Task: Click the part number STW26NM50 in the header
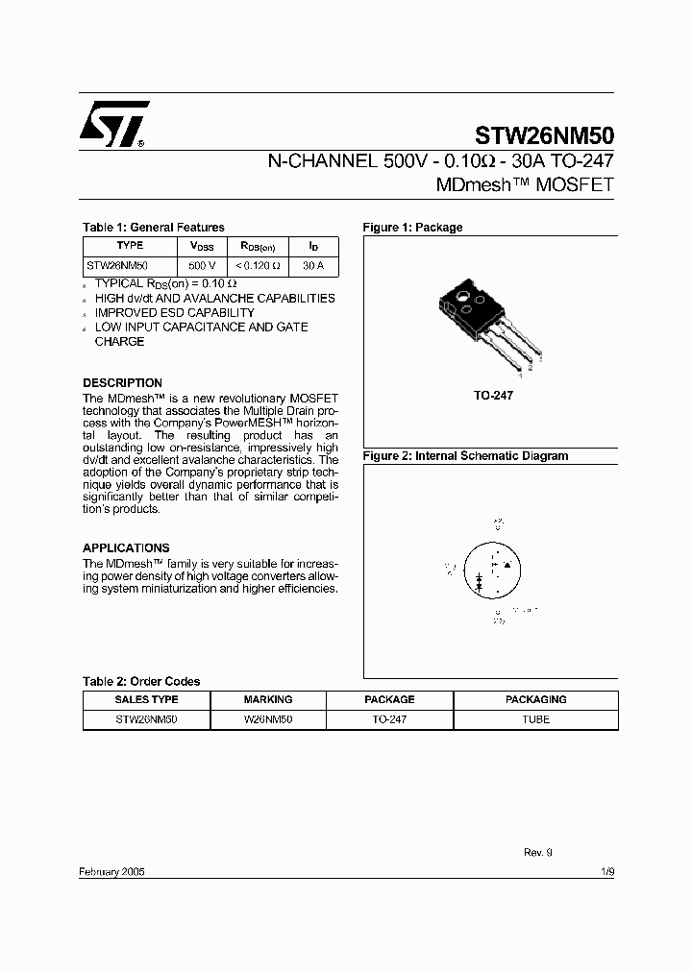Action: (x=544, y=135)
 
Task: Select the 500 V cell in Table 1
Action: (x=202, y=265)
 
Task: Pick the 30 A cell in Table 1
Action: (x=313, y=265)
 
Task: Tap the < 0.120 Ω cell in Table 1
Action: (x=259, y=265)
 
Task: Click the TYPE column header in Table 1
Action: (x=129, y=246)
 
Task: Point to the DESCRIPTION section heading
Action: (x=122, y=383)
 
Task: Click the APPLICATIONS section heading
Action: (x=126, y=548)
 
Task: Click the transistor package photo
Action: (x=484, y=322)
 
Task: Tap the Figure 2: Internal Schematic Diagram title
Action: (x=465, y=456)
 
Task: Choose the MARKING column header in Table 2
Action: (x=268, y=700)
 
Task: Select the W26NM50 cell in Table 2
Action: (x=268, y=719)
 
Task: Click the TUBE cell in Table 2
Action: (x=536, y=719)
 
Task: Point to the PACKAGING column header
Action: (x=536, y=700)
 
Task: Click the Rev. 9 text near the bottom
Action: (x=538, y=852)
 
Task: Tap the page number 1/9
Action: (x=606, y=870)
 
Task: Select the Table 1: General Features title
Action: (x=154, y=228)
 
